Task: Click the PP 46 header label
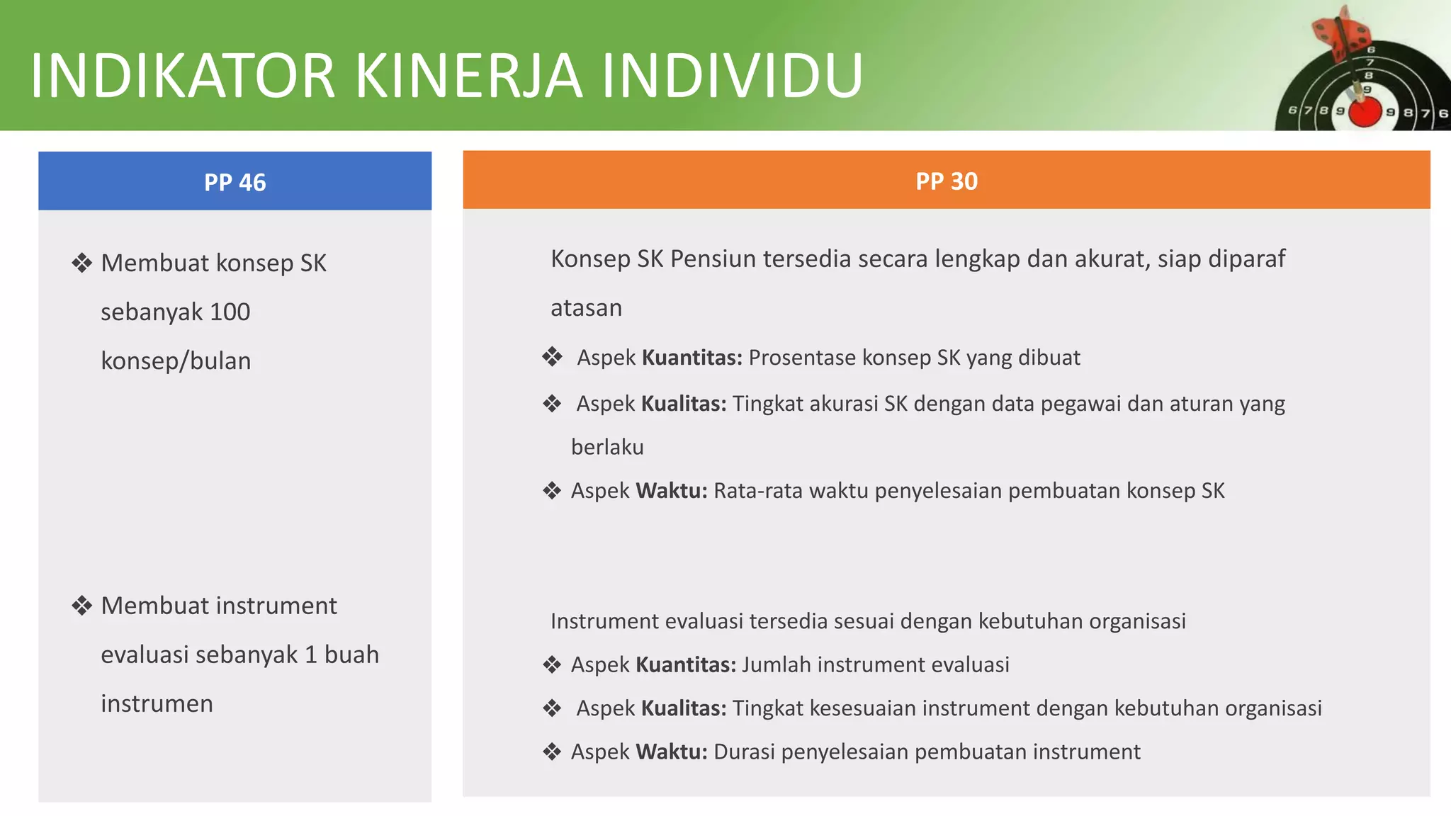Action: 235,183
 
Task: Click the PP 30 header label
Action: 946,181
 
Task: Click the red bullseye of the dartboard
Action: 1365,112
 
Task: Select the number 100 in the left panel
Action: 230,312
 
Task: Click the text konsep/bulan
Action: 176,361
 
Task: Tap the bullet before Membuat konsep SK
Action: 82,263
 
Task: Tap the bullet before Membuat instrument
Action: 82,606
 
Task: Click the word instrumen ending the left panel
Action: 157,703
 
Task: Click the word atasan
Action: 586,308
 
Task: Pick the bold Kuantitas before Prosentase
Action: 691,358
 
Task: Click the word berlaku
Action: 607,447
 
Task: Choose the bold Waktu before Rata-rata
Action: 671,491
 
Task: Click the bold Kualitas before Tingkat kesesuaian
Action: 683,708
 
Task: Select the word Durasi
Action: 744,752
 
